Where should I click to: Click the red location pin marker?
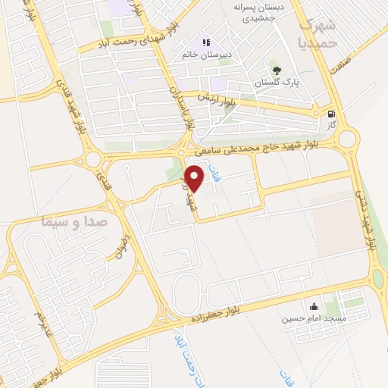[x=196, y=178]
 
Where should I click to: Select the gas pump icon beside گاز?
[x=331, y=114]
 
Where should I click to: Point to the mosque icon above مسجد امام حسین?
[x=313, y=307]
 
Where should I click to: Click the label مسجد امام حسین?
[x=314, y=319]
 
